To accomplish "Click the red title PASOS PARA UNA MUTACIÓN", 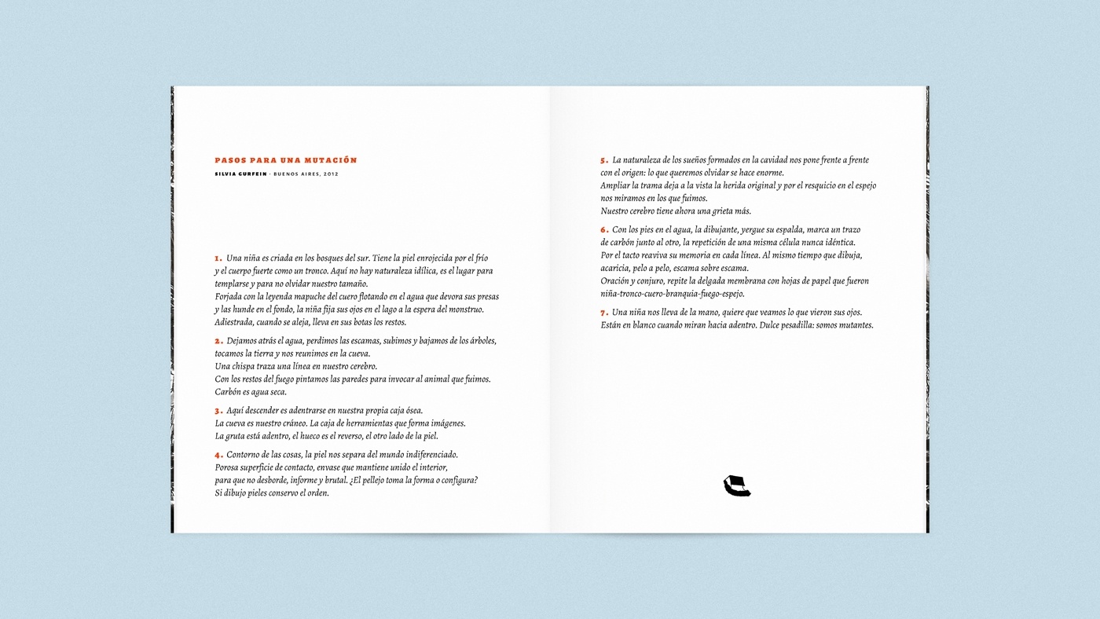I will [x=286, y=160].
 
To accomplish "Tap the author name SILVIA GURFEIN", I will [x=240, y=174].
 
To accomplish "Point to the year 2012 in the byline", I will [x=330, y=174].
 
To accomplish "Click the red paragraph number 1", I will [x=218, y=258].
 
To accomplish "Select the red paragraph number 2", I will [x=218, y=341].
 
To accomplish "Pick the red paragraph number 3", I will [x=218, y=411].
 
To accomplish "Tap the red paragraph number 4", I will [x=218, y=455].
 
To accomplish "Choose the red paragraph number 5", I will [x=604, y=160].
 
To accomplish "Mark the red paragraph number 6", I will [x=604, y=230].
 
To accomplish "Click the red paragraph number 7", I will [x=604, y=313].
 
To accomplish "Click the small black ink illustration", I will [x=736, y=486].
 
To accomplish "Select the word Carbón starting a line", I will [x=229, y=392].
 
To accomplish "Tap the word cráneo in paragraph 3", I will [x=288, y=423].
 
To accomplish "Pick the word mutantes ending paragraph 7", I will [x=854, y=325].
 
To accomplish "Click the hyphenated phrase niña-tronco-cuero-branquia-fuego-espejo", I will [x=673, y=294].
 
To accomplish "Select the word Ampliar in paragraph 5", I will [x=615, y=185].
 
